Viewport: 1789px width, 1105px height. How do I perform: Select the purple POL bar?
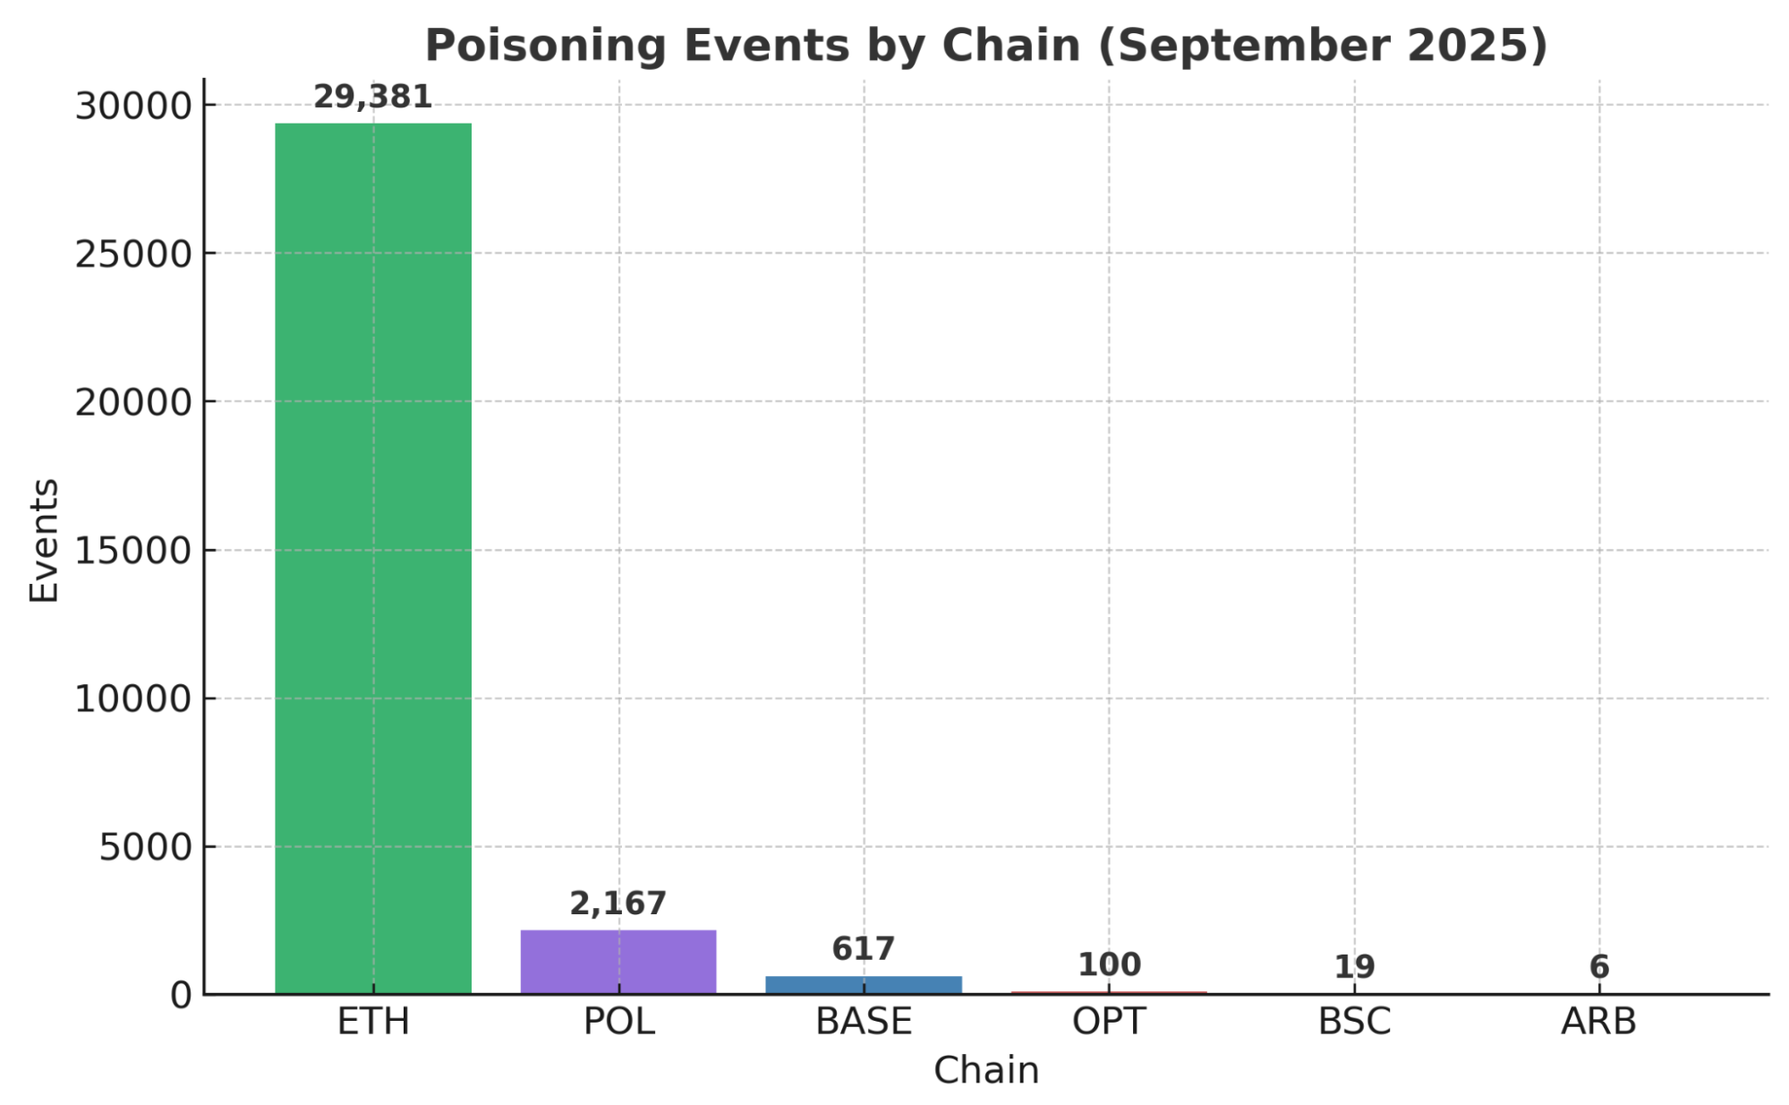618,962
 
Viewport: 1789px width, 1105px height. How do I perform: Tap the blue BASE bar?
864,984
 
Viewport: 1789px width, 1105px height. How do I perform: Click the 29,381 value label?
373,97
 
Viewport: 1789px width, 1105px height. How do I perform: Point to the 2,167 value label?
618,904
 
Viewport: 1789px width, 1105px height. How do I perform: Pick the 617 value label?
864,948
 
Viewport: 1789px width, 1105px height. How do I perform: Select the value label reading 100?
1109,964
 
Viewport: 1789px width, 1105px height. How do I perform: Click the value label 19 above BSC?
1354,966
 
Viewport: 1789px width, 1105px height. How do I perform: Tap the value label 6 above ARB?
1599,966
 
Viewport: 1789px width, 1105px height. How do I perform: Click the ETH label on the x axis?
373,1022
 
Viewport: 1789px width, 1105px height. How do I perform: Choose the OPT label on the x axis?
1109,1022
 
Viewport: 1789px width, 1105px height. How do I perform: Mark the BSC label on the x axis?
1354,1022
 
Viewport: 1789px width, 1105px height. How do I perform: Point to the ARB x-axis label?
1599,1022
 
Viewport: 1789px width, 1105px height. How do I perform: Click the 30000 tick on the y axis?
133,107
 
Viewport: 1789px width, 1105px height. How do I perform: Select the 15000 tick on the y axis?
133,551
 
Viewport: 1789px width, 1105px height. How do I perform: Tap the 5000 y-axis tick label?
145,847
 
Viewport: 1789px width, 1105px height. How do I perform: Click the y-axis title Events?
44,541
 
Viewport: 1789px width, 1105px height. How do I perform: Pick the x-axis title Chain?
986,1070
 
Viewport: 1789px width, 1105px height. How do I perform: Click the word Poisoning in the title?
546,46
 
